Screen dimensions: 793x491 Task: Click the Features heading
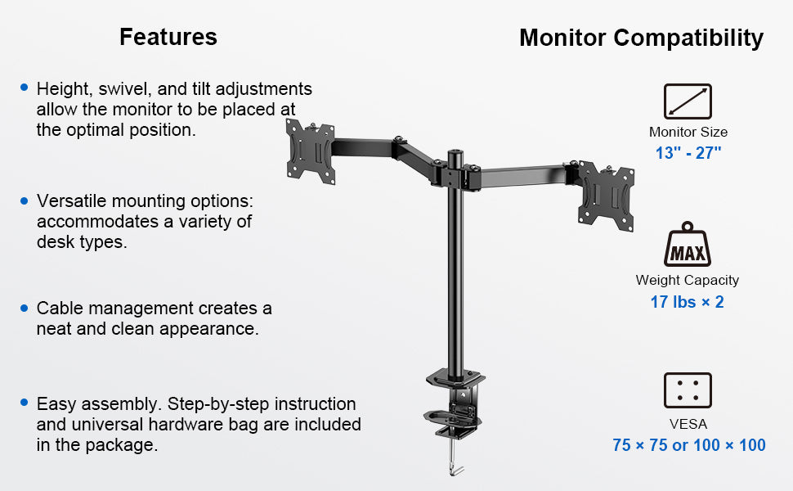coord(168,37)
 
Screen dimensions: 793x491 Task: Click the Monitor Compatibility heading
coord(641,38)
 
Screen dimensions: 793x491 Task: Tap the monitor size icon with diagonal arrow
coord(688,101)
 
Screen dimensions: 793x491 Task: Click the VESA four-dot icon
coord(688,390)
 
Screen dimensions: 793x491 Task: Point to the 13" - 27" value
coord(688,152)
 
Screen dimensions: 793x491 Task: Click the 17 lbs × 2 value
coord(687,302)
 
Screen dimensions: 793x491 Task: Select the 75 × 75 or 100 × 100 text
coord(689,445)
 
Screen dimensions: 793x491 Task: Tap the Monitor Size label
coord(688,132)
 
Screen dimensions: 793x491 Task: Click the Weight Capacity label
coord(688,281)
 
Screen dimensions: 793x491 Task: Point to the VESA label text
coord(688,424)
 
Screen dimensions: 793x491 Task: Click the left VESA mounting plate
coord(311,151)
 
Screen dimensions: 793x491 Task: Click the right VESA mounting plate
coord(606,196)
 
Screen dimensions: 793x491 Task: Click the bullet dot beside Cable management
coord(25,309)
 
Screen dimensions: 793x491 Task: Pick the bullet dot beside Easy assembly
coord(25,403)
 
